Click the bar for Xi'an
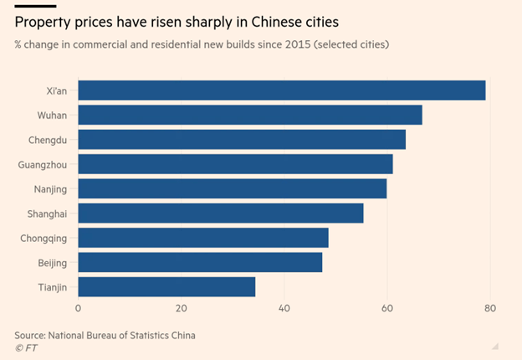tap(281, 90)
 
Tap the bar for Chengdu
tap(242, 139)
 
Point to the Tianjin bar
tap(166, 287)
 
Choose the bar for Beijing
tap(200, 263)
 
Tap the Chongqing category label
tap(44, 239)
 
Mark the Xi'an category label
tap(57, 90)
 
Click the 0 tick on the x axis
tap(78, 309)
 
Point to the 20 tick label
tap(181, 309)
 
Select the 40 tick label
tap(284, 309)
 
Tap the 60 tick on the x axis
tap(387, 309)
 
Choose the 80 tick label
tap(490, 309)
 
